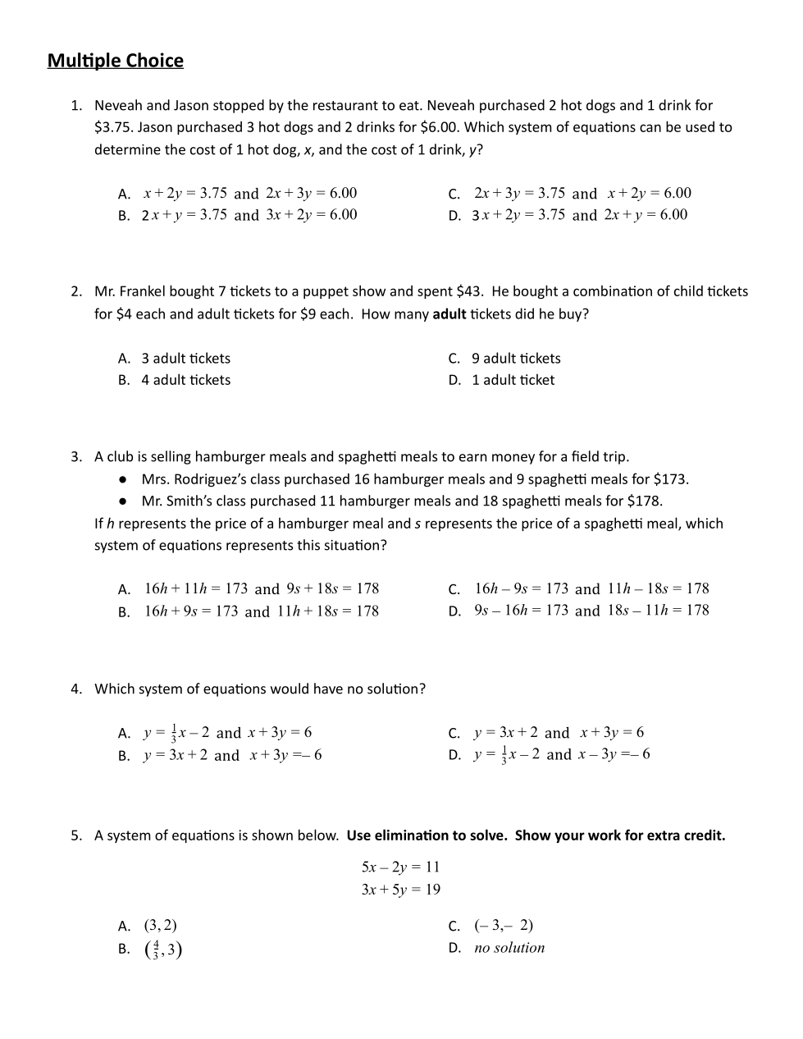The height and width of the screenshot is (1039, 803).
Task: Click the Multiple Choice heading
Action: tap(116, 61)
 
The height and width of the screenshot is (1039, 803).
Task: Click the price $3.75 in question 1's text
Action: tap(115, 127)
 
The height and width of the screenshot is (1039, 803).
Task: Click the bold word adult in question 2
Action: tap(449, 314)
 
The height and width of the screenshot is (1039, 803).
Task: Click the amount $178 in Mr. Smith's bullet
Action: tap(644, 501)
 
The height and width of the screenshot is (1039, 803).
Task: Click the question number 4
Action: tap(76, 689)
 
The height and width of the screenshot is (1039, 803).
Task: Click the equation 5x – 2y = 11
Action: tap(400, 867)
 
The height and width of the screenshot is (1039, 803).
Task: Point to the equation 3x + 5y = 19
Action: tap(400, 890)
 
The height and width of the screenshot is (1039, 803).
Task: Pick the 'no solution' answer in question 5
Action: tap(509, 948)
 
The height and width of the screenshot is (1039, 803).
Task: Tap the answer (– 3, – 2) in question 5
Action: tap(504, 926)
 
